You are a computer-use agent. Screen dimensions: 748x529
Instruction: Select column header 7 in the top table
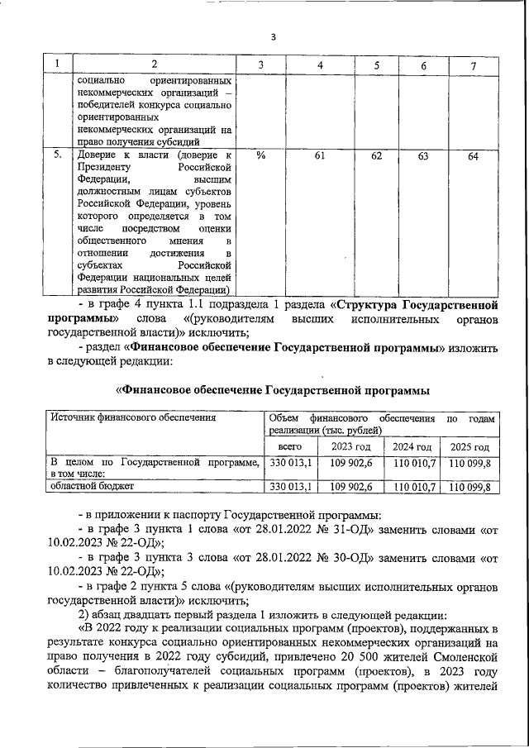(x=473, y=64)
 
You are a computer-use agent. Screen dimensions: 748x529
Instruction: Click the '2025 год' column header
(x=469, y=446)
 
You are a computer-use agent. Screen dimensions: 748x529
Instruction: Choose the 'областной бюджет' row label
(x=88, y=487)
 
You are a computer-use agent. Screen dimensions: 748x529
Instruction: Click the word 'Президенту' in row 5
(x=107, y=165)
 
